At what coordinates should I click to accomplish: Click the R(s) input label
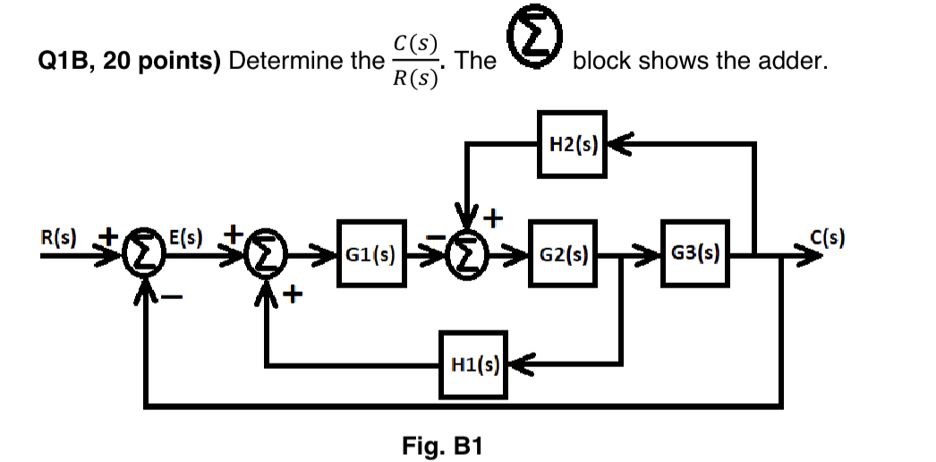pos(57,238)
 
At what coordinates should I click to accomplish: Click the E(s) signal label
pos(186,238)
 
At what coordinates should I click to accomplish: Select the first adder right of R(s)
pos(144,258)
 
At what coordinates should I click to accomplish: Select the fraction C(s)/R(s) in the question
pos(414,61)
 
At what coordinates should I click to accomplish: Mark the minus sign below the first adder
pos(174,298)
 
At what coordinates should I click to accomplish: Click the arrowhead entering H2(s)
pos(618,142)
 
